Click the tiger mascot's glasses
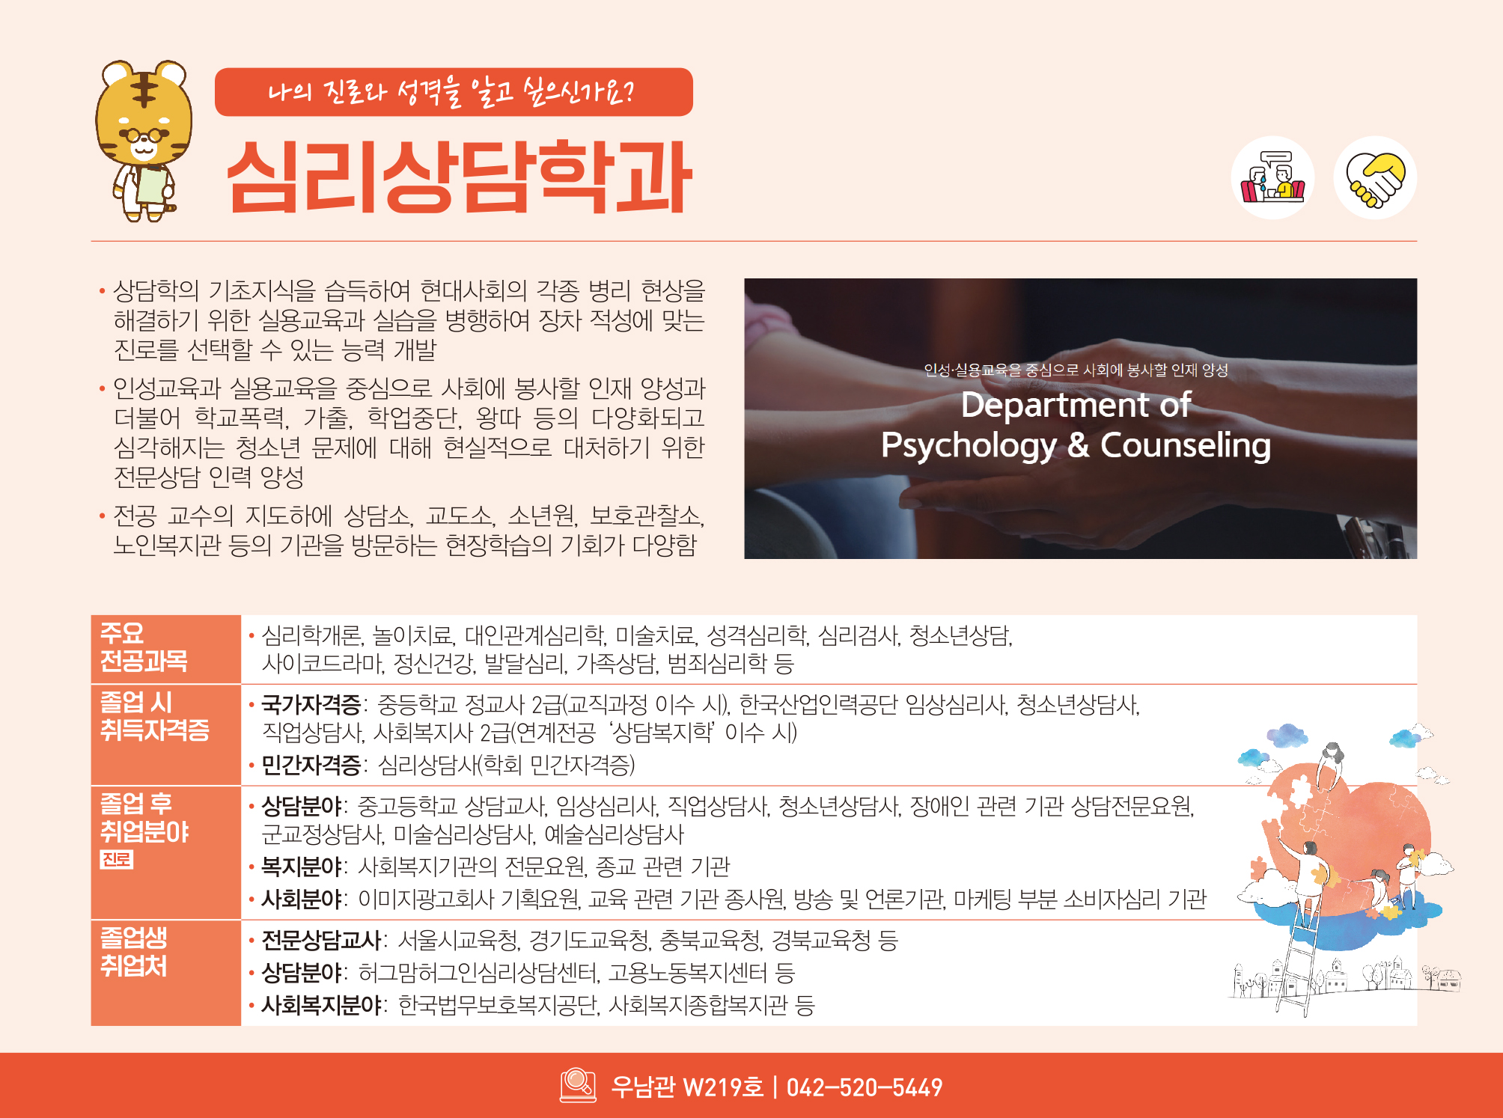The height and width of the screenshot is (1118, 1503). tap(144, 135)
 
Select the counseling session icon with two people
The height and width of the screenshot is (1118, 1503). tap(1272, 177)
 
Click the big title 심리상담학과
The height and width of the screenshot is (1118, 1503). tap(459, 177)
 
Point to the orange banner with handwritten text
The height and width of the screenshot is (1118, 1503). tap(454, 92)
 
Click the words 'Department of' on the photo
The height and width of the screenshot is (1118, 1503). tap(1076, 405)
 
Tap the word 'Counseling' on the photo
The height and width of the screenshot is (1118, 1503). tap(1186, 445)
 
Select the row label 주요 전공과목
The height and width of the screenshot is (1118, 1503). tap(144, 647)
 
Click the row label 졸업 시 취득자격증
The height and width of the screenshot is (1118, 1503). tap(155, 716)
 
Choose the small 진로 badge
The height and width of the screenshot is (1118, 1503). tap(117, 859)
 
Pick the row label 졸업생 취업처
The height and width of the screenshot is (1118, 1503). tap(134, 952)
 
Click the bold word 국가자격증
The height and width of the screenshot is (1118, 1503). tap(311, 704)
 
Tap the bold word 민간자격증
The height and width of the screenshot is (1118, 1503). tap(311, 765)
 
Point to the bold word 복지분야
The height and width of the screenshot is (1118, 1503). tap(301, 867)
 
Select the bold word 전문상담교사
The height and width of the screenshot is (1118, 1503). tap(321, 940)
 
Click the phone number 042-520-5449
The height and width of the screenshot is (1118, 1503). tap(865, 1087)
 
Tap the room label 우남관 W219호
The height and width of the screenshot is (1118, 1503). tap(687, 1087)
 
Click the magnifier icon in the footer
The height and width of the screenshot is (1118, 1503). tap(578, 1085)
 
